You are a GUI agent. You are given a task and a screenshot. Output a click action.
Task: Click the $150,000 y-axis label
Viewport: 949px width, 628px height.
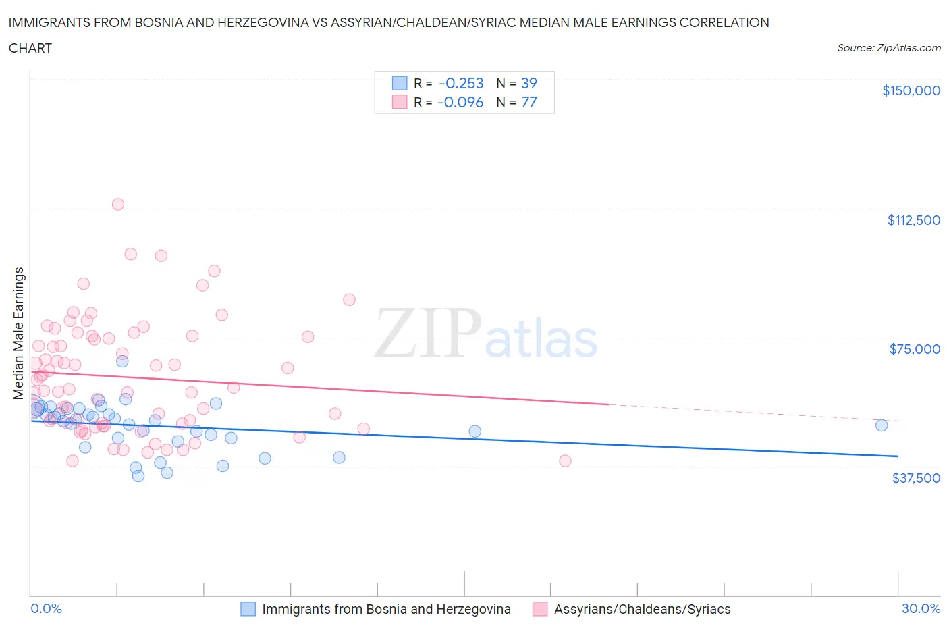click(x=911, y=90)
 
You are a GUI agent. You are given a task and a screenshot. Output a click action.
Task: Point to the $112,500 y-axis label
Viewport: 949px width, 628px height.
click(x=913, y=220)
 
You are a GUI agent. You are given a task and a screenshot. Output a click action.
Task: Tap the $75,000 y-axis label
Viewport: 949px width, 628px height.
click(x=915, y=349)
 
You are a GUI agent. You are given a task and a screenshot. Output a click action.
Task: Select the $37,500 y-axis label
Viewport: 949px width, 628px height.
click(x=916, y=478)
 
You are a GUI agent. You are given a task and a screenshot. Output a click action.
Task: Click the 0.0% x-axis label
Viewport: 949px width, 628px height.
click(x=46, y=609)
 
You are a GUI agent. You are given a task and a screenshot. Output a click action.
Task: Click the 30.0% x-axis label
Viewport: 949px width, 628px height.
click(x=921, y=609)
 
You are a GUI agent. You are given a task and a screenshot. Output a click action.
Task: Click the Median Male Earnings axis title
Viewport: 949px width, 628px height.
click(x=19, y=334)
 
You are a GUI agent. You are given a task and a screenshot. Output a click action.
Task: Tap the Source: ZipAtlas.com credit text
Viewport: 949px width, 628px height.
click(x=888, y=48)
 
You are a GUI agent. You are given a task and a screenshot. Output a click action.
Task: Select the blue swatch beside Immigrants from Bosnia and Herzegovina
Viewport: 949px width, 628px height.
click(x=248, y=609)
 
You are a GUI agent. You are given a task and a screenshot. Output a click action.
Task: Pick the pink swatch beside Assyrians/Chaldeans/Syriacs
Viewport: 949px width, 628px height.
click(x=540, y=609)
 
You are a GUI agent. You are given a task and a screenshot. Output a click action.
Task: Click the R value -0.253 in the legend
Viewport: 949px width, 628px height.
click(x=461, y=83)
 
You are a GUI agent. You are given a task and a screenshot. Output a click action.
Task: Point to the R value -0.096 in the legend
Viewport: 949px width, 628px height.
click(x=460, y=102)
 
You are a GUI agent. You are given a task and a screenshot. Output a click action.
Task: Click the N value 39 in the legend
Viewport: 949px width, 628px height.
click(x=528, y=83)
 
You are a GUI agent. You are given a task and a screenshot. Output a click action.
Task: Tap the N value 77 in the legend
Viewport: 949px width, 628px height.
click(x=528, y=102)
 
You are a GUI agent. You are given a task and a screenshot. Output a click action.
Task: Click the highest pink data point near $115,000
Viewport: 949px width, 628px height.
click(x=118, y=204)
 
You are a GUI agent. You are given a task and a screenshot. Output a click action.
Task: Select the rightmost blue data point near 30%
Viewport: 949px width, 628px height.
click(x=882, y=425)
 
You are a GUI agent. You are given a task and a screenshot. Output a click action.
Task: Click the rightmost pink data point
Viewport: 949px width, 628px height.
click(x=566, y=461)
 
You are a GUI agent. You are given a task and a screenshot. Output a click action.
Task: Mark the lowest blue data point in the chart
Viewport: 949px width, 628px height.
click(x=138, y=476)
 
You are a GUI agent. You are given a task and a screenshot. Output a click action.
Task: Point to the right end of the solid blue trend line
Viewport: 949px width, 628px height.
click(x=898, y=456)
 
